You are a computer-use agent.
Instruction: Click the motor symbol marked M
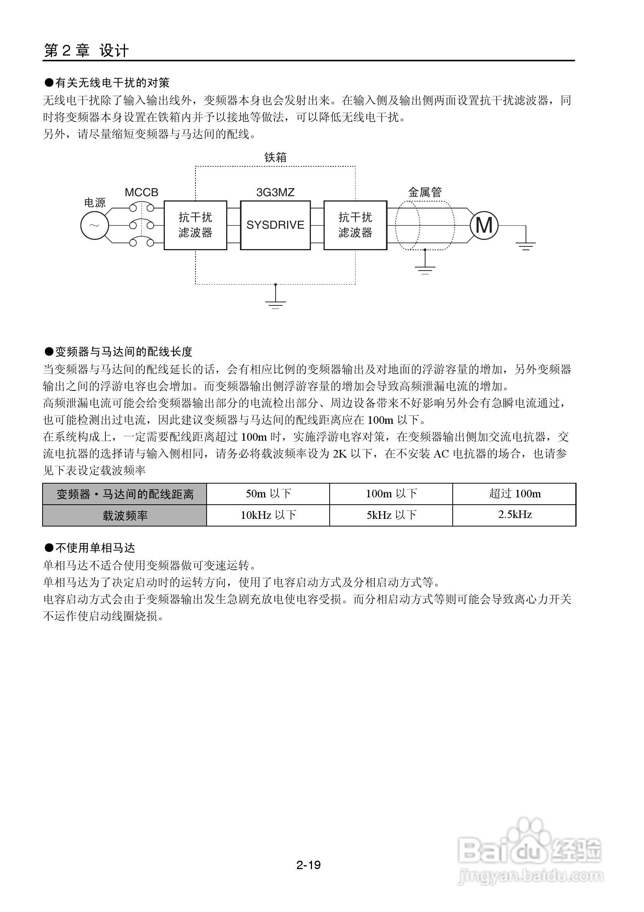484,226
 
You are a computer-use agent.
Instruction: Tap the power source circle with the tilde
95,226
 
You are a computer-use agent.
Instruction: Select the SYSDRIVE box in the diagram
275,225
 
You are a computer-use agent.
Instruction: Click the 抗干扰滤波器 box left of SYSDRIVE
195,225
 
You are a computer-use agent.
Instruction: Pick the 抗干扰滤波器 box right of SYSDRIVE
355,225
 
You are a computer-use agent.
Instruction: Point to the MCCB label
141,193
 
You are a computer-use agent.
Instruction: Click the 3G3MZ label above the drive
275,193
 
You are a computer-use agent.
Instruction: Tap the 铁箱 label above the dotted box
275,158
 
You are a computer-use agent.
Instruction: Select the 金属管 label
425,193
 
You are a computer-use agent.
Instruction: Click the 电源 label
95,203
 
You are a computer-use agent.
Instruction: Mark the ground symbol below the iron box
275,304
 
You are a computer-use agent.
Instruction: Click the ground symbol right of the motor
526,246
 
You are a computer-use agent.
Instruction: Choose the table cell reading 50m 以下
268,494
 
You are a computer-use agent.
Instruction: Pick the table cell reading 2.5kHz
514,515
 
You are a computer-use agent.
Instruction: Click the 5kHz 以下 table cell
391,515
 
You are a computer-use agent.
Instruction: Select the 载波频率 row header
125,515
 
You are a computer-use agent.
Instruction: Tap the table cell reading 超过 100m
514,494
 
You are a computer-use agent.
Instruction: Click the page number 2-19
308,865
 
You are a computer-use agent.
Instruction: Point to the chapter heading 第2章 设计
86,51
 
